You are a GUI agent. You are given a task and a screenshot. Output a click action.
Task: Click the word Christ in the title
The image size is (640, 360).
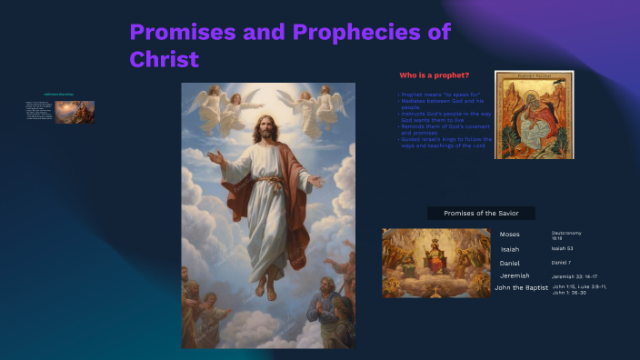coord(165,59)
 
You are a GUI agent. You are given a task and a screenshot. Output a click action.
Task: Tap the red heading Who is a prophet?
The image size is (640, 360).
coord(435,74)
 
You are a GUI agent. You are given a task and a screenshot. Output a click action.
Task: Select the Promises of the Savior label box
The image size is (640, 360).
coord(481,213)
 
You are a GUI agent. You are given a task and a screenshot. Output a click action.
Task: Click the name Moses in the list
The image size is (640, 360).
coord(510,235)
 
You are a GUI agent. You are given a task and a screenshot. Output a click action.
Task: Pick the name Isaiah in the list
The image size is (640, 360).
coord(510,248)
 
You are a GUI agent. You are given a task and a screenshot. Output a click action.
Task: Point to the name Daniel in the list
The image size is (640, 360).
coord(510,263)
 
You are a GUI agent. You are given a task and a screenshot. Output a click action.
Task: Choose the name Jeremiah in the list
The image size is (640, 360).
coord(515,275)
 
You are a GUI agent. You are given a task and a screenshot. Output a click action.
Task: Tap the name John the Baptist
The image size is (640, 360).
coord(521,287)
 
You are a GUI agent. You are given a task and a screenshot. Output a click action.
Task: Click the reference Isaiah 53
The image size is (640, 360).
coord(562,247)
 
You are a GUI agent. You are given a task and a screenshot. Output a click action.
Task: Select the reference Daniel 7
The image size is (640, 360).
coord(560,262)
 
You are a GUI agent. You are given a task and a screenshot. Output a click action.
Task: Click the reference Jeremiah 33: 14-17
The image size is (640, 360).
coord(575,275)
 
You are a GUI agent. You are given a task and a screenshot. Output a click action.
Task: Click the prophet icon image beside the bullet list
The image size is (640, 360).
coord(527,115)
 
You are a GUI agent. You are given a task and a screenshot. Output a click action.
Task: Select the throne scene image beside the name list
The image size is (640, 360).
coord(435,263)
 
